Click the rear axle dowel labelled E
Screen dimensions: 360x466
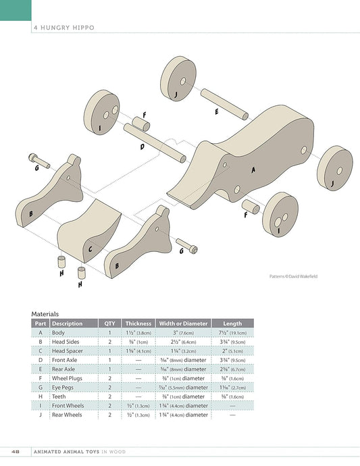click(x=224, y=104)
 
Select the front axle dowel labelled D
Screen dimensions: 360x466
click(x=155, y=143)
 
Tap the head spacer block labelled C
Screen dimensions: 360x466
click(x=89, y=231)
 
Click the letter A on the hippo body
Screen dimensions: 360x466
click(x=253, y=170)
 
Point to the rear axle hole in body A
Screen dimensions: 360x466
click(x=303, y=150)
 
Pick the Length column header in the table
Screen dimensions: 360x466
click(x=232, y=323)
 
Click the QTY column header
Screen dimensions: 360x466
click(x=109, y=323)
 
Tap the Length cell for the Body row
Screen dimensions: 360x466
click(x=232, y=332)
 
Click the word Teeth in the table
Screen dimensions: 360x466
click(x=59, y=396)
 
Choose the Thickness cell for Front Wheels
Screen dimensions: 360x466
click(x=138, y=406)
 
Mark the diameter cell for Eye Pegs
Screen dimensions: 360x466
click(x=183, y=388)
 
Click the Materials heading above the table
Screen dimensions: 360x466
click(x=45, y=314)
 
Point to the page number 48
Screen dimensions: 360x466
click(x=16, y=451)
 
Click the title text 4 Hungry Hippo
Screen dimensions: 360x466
click(x=64, y=28)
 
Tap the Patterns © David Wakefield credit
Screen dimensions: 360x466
click(x=293, y=276)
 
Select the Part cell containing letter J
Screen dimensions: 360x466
click(x=41, y=415)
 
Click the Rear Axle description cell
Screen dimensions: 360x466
click(x=63, y=369)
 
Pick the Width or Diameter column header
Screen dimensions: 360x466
click(x=183, y=323)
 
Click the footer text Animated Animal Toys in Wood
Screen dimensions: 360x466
click(x=80, y=452)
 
